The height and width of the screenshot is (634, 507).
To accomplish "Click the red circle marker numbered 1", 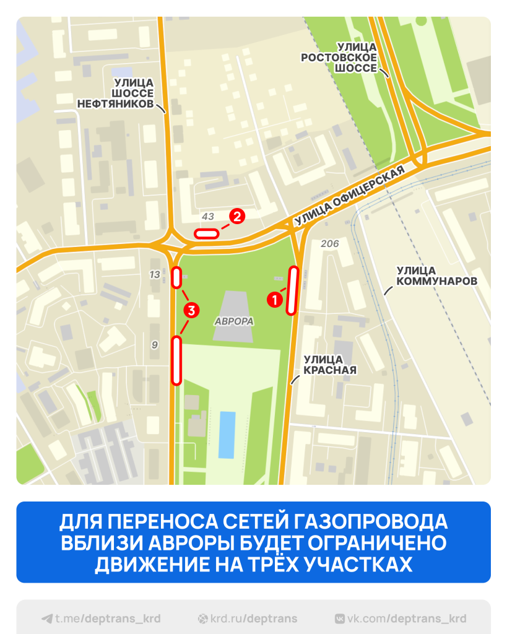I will click(274, 299).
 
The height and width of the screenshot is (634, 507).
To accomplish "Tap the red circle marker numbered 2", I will click(236, 216).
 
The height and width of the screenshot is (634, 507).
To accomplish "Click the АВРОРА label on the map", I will click(235, 322).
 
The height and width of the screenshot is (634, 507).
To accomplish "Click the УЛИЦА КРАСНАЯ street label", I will click(329, 365).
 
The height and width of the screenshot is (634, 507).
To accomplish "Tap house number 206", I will click(330, 244).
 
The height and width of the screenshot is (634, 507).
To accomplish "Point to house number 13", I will click(155, 274).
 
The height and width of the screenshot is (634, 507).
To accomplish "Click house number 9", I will click(155, 345).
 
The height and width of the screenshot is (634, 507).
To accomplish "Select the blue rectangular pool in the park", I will click(227, 435).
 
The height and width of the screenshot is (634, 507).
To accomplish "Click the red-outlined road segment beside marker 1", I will click(292, 290).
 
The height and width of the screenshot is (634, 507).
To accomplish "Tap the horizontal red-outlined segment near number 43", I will click(206, 233).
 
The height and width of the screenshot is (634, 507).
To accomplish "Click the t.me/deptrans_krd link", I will click(102, 619).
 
